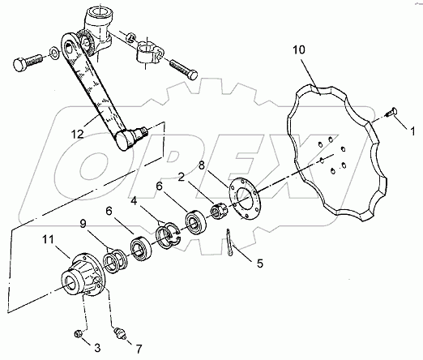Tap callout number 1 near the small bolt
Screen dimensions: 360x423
(412, 128)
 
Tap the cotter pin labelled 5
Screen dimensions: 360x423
(233, 242)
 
